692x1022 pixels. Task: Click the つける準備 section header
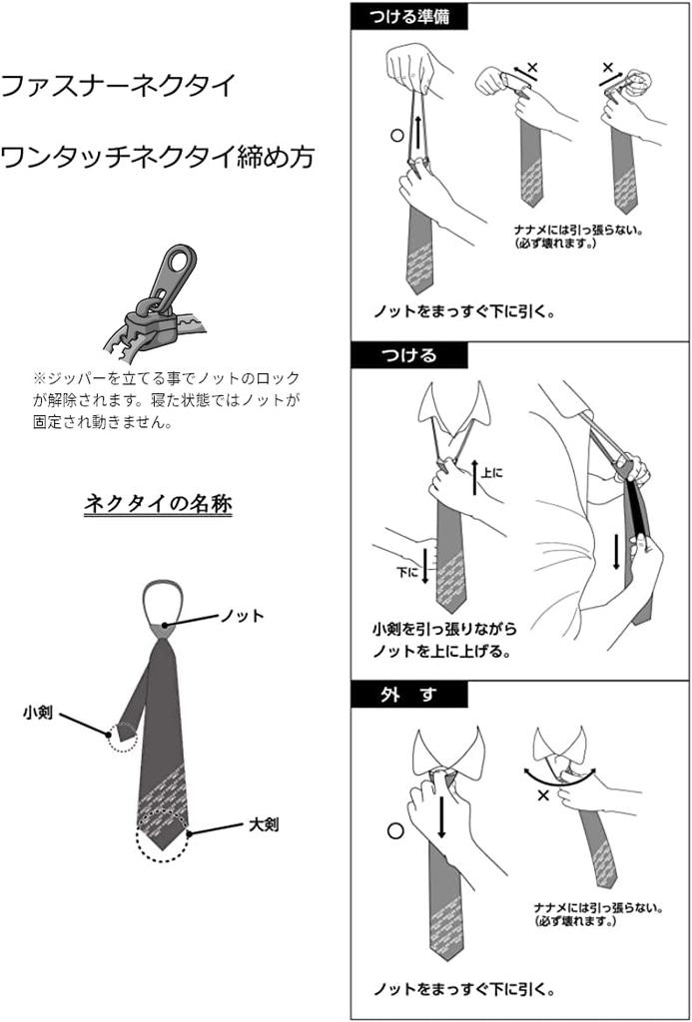[x=409, y=16]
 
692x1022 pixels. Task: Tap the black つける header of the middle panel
[x=409, y=356]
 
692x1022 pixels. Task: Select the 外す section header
[x=409, y=695]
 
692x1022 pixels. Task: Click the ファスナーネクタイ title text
[x=118, y=86]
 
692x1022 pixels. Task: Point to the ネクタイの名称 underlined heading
[x=159, y=503]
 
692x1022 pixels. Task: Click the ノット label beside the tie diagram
[x=242, y=615]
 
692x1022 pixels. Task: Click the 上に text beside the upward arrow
[x=491, y=472]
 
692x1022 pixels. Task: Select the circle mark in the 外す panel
[x=394, y=831]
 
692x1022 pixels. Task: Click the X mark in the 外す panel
[x=543, y=795]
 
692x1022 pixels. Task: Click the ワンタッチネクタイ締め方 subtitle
[x=157, y=157]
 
